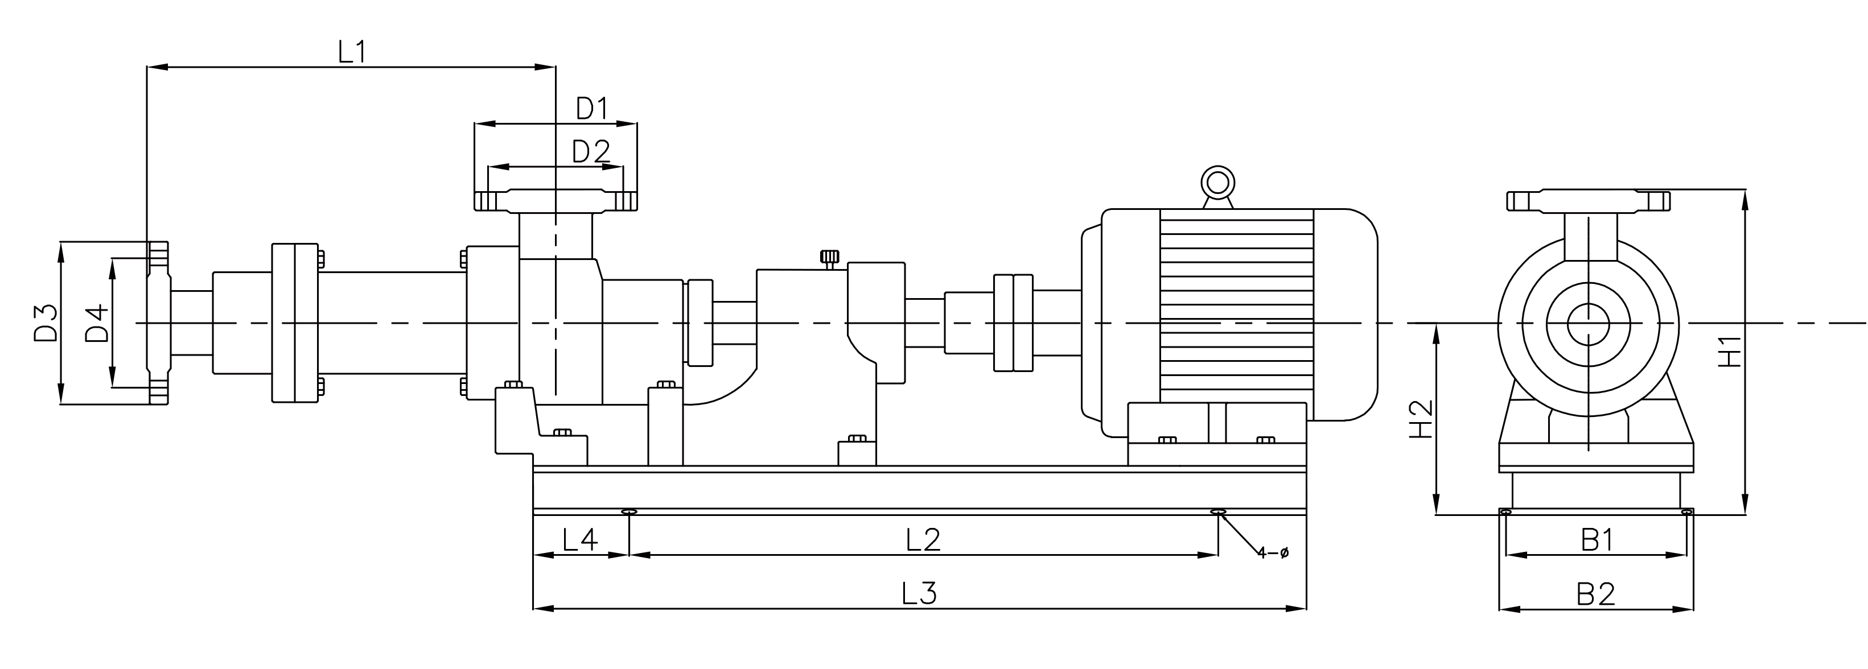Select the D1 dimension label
pos(592,109)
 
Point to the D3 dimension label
pos(46,323)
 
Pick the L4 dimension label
pos(580,540)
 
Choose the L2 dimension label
pos(923,540)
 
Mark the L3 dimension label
pos(920,593)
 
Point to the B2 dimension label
pos(1596,594)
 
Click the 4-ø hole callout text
pos(1273,553)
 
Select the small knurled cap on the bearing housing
pos(830,257)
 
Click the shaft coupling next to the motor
pos(1013,323)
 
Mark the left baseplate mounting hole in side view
pos(629,513)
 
